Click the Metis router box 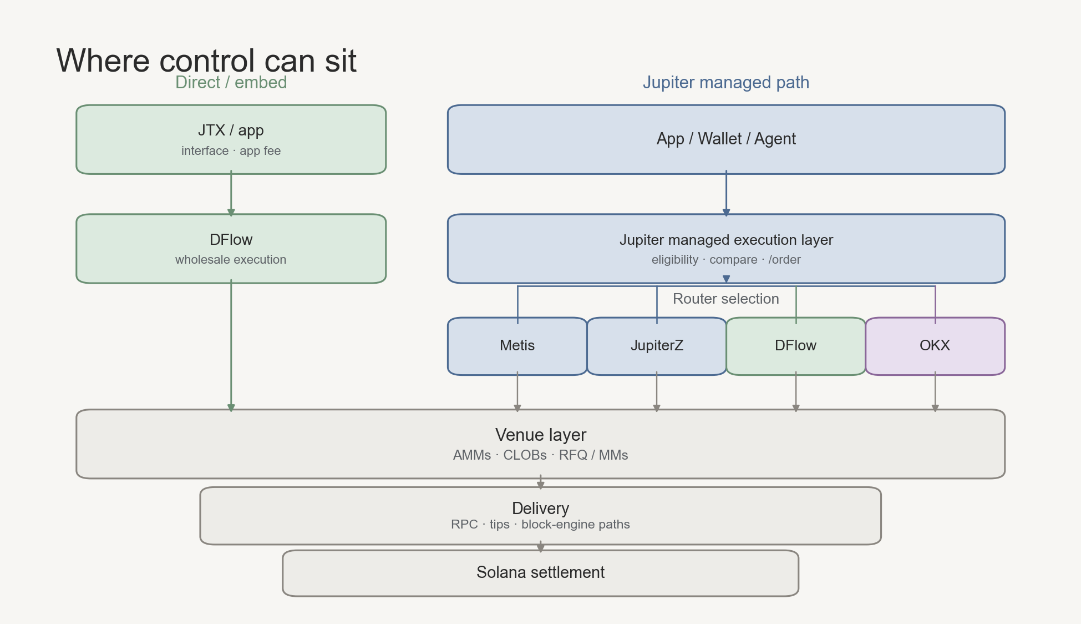pyautogui.click(x=517, y=346)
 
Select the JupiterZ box pyautogui.click(x=657, y=346)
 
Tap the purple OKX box pyautogui.click(x=935, y=346)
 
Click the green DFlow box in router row pyautogui.click(x=796, y=346)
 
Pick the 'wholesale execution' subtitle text pyautogui.click(x=231, y=260)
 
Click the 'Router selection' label pyautogui.click(x=726, y=299)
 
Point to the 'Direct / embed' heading pyautogui.click(x=231, y=82)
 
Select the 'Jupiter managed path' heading pyautogui.click(x=726, y=82)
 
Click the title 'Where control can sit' pyautogui.click(x=206, y=60)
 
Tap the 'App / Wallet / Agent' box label pyautogui.click(x=726, y=139)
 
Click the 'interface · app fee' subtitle pyautogui.click(x=231, y=151)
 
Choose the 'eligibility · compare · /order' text pyautogui.click(x=726, y=260)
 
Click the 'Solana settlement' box pyautogui.click(x=541, y=573)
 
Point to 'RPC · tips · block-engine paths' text pyautogui.click(x=541, y=525)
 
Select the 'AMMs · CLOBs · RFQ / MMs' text pyautogui.click(x=541, y=455)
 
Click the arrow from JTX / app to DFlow pyautogui.click(x=231, y=194)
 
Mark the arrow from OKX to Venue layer pyautogui.click(x=935, y=392)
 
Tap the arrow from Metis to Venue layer pyautogui.click(x=517, y=392)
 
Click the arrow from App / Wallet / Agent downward pyautogui.click(x=726, y=194)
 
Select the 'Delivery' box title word pyautogui.click(x=541, y=509)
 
